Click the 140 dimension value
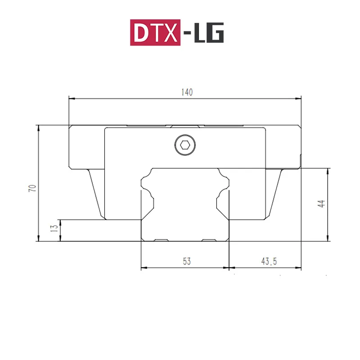(x=187, y=92)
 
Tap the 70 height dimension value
(x=32, y=188)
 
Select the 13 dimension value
(x=54, y=228)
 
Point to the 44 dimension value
(x=321, y=204)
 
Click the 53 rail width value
(x=187, y=261)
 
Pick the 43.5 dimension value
(x=269, y=261)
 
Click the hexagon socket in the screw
(x=185, y=145)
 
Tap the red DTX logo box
(x=155, y=32)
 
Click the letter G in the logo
(x=215, y=32)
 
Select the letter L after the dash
(x=199, y=32)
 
